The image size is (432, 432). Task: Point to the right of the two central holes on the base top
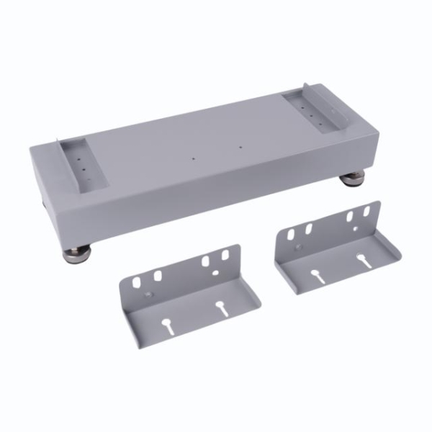240,148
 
